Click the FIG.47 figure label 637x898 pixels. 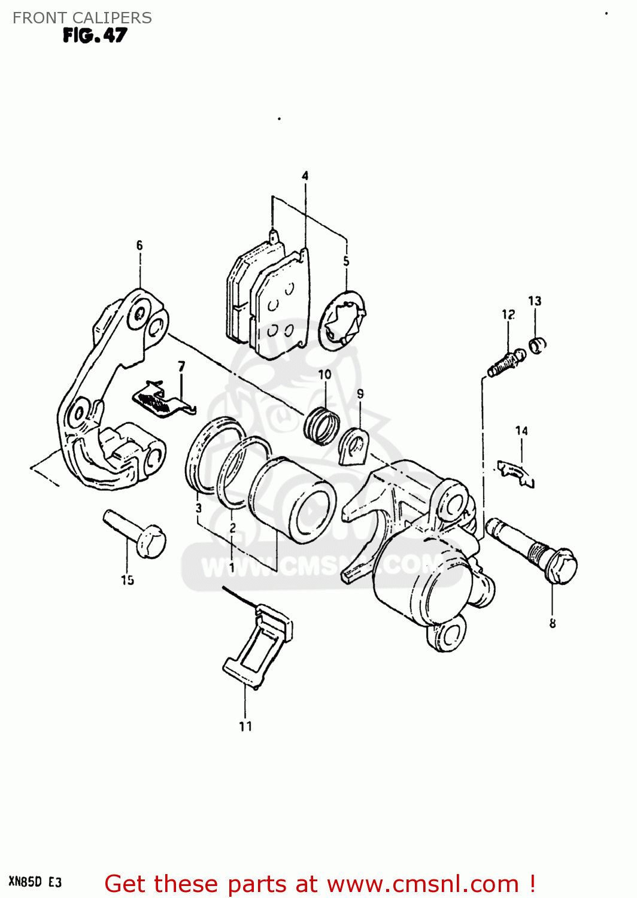coord(95,36)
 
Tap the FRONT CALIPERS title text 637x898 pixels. coord(82,18)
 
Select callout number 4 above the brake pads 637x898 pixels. coord(305,175)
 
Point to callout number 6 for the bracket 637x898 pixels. coord(139,245)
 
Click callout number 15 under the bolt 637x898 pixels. coord(127,580)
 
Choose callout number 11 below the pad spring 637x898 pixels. coord(245,726)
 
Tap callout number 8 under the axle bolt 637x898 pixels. coord(552,623)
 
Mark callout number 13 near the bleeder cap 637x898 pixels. coord(535,301)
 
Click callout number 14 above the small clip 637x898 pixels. coord(521,430)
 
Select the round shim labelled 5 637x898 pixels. coord(342,321)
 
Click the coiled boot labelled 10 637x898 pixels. coord(322,426)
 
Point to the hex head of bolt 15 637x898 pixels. coord(151,541)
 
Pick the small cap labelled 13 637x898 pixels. coord(538,345)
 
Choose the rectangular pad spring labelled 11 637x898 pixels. coord(259,647)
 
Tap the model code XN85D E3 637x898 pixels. coord(35,882)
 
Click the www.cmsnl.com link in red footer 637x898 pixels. coord(423,884)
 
